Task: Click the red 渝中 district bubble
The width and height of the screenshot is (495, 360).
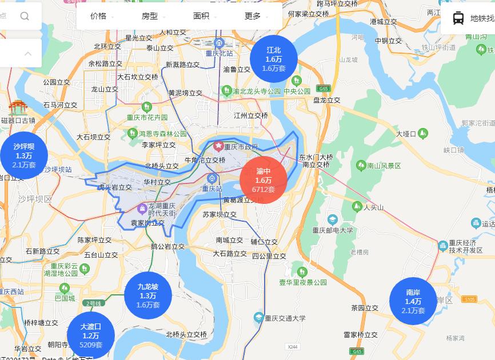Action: coord(264,180)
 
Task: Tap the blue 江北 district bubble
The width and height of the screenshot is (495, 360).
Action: coord(274,59)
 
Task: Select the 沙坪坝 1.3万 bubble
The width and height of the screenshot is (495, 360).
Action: coord(24,155)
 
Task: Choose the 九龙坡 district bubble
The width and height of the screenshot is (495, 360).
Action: coord(148,295)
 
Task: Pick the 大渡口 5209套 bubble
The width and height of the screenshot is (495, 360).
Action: coord(91,335)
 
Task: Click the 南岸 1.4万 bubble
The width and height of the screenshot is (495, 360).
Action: coord(413,301)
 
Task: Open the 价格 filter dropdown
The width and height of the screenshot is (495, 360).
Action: coord(98,16)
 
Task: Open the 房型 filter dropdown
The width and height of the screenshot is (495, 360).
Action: coord(150,16)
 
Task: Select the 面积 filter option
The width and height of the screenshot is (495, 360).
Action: coord(201,16)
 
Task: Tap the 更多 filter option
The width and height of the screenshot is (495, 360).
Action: coord(253,16)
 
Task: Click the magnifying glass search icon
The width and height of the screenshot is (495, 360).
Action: coord(25,16)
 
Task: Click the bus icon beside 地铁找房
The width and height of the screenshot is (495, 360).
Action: coord(458,18)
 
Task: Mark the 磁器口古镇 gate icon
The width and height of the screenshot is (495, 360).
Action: coord(18,107)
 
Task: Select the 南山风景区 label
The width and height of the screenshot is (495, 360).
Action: coord(384,166)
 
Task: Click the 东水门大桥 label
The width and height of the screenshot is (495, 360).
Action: coord(316,157)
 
